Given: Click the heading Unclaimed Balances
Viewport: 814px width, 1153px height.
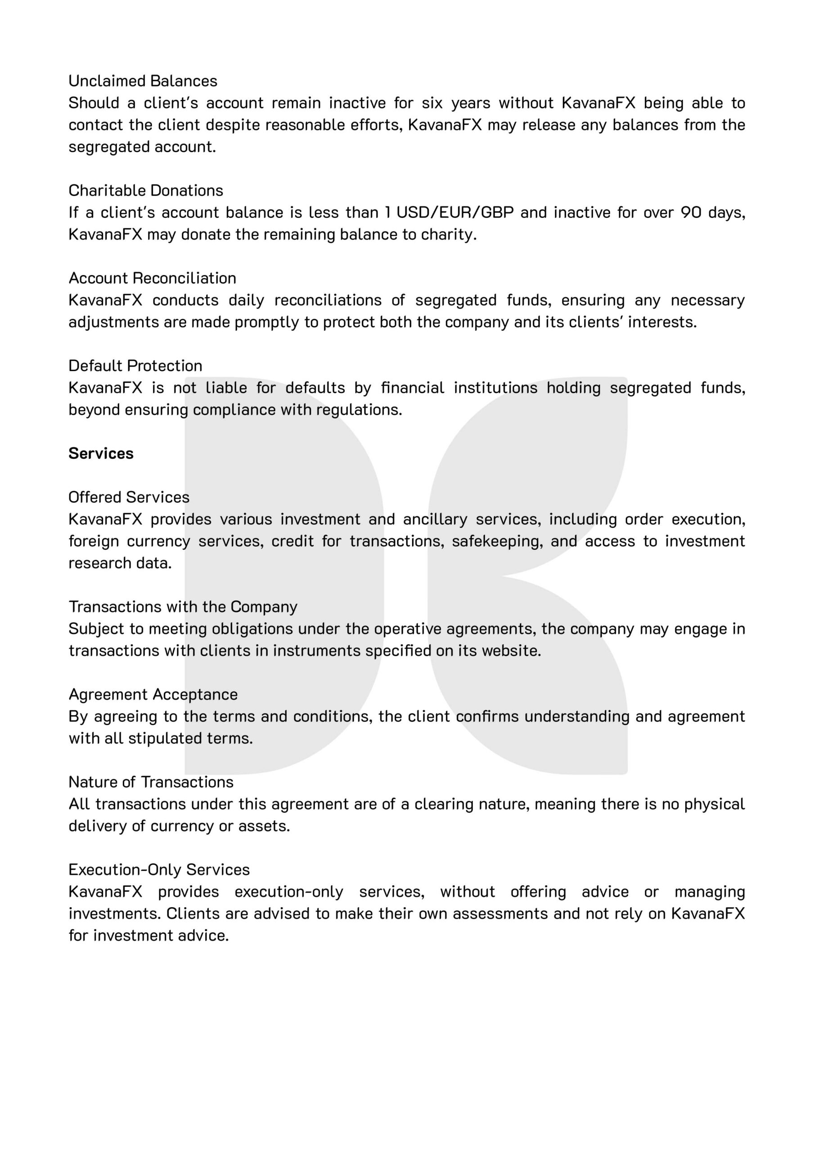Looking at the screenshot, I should click(143, 81).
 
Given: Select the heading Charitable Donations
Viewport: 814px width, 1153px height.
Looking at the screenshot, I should click(145, 191).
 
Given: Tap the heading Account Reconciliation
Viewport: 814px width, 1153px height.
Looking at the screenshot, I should click(152, 278).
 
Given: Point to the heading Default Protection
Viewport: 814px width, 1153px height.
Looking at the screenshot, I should click(135, 366).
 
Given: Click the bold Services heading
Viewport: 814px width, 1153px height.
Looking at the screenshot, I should click(101, 454).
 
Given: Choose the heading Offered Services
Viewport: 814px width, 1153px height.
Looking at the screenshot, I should click(129, 497).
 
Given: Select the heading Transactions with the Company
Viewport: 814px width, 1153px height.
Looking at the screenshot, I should click(183, 607).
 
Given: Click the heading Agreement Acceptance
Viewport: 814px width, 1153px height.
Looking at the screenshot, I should click(153, 695).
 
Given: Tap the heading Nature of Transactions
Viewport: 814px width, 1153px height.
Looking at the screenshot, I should click(151, 782).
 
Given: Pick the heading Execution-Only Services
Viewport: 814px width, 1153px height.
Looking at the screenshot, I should click(159, 870).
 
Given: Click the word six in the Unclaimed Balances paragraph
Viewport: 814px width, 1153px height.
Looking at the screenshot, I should click(432, 103).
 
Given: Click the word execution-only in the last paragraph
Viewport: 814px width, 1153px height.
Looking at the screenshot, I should click(289, 892).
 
